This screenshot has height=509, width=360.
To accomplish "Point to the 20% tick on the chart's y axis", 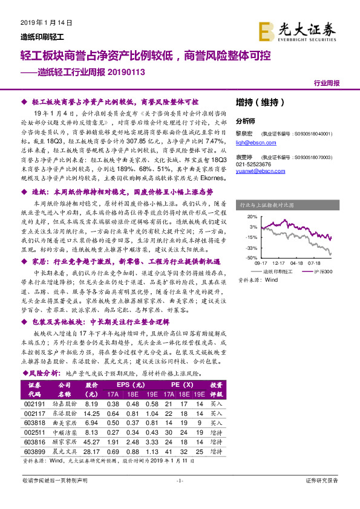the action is click(250, 216).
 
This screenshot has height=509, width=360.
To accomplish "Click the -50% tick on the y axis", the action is click(250, 258).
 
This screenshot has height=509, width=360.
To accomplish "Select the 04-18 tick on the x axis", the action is click(296, 264).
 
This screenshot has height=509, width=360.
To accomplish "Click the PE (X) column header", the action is click(181, 385).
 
